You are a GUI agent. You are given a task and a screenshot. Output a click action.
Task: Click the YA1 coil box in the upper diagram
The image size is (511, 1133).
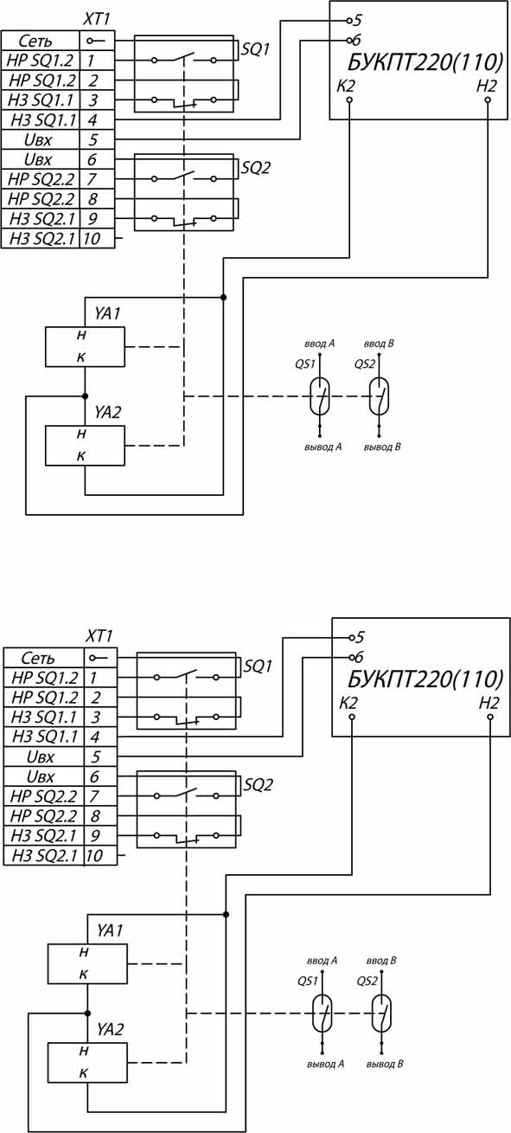pos(85,346)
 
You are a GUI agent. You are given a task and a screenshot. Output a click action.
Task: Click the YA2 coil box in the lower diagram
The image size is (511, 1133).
pos(87,1062)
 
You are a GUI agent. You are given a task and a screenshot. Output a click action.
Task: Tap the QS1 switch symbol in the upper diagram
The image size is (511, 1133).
pos(319,396)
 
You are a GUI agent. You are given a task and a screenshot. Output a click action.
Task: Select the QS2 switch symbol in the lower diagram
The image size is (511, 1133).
pos(381,1013)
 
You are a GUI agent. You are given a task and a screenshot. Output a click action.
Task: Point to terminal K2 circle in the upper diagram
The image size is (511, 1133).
pos(349,100)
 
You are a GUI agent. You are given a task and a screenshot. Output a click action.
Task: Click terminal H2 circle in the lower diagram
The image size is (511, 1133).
pos(489,717)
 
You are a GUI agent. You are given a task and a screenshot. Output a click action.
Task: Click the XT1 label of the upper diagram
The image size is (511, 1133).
pos(97,20)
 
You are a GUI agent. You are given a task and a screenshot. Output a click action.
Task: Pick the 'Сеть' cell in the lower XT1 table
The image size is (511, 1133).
pos(43,658)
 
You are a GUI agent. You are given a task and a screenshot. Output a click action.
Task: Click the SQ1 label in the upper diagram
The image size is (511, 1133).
pos(256,49)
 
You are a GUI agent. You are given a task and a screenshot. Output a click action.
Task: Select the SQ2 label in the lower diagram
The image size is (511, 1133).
pos(259,784)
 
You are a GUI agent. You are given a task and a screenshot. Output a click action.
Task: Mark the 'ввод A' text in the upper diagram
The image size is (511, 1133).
pos(319,344)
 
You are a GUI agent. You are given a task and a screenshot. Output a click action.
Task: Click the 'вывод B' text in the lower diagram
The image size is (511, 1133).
pos(385,1064)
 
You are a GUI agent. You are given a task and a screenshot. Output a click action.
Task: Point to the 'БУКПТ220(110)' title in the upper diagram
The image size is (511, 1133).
pos(425,63)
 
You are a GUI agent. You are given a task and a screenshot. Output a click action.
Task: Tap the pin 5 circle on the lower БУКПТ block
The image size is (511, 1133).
pos(349,637)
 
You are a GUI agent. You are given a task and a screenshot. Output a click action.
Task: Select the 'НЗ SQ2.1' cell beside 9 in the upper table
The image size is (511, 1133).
pos(41,218)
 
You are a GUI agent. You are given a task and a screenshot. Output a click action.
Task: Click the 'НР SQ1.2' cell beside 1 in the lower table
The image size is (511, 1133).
pos(43,677)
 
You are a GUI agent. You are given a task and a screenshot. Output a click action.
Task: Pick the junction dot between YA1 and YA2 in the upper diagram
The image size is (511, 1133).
pos(85,396)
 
